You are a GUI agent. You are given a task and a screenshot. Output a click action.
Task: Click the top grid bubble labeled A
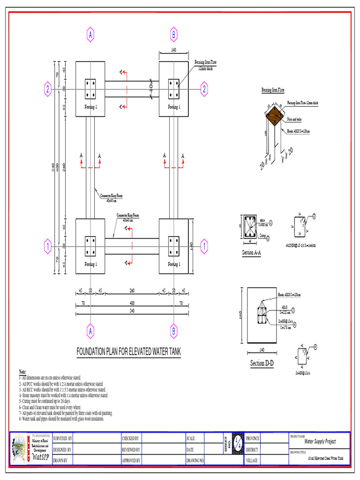[90, 34]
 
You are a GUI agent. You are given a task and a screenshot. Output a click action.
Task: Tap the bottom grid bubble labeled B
[173, 331]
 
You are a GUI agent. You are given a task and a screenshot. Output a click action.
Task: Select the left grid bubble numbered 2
[48, 89]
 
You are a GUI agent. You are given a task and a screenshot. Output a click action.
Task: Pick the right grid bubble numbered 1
[204, 245]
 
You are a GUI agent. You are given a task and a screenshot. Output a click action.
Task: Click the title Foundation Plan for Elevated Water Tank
[128, 352]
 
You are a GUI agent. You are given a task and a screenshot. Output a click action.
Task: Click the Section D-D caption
[264, 364]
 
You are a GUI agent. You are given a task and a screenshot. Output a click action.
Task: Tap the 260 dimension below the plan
[132, 291]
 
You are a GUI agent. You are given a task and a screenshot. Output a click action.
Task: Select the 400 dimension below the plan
[132, 303]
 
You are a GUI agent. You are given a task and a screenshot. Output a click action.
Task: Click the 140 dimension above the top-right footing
[173, 50]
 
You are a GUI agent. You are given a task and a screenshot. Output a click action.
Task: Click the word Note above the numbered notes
[22, 371]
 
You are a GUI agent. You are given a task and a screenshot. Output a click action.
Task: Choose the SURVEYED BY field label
[62, 438]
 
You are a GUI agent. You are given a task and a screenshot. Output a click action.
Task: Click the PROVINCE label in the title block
[252, 438]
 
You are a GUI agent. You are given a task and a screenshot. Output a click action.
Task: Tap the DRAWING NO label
[195, 461]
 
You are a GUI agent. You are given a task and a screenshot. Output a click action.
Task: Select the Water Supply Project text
[320, 441]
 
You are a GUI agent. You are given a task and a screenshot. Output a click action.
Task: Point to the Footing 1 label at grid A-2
[90, 107]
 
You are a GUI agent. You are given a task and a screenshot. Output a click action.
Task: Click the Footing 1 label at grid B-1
[174, 264]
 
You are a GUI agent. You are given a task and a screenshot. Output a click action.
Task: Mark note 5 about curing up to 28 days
[45, 401]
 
